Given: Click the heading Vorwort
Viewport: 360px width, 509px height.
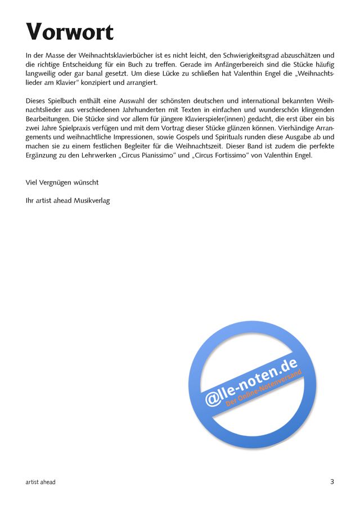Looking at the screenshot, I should click(x=70, y=32).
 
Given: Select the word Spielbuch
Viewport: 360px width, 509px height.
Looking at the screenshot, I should click(x=64, y=101).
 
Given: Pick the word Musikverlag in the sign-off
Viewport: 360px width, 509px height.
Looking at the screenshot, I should click(x=92, y=200).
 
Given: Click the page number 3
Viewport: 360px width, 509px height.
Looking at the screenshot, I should click(x=332, y=481).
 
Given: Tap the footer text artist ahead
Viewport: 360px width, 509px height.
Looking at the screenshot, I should click(x=40, y=482).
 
